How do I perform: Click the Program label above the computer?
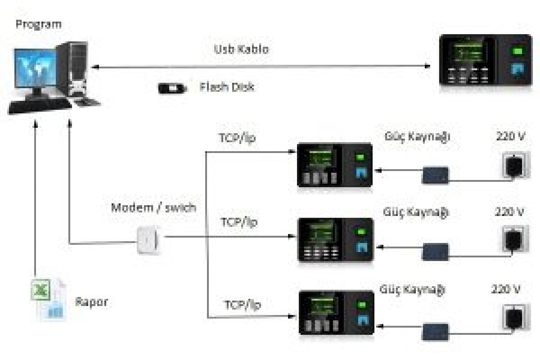(x=39, y=25)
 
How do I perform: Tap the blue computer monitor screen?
(x=36, y=68)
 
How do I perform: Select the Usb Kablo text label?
(x=241, y=49)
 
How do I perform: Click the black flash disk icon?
(x=172, y=88)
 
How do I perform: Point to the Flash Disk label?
(x=227, y=87)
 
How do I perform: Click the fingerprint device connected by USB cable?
(x=486, y=60)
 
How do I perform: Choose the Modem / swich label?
(x=153, y=208)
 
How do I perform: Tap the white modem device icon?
(x=148, y=240)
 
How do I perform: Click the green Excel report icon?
(x=41, y=290)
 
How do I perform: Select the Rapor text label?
(x=92, y=302)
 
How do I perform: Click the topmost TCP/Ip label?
(x=237, y=138)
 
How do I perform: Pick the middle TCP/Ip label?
(x=239, y=222)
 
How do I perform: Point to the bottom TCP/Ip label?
(x=243, y=305)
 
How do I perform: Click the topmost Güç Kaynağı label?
(x=417, y=137)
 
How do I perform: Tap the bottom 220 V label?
(x=505, y=288)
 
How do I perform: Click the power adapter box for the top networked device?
(x=436, y=175)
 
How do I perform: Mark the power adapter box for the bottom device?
(x=436, y=332)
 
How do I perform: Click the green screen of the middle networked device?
(x=321, y=233)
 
